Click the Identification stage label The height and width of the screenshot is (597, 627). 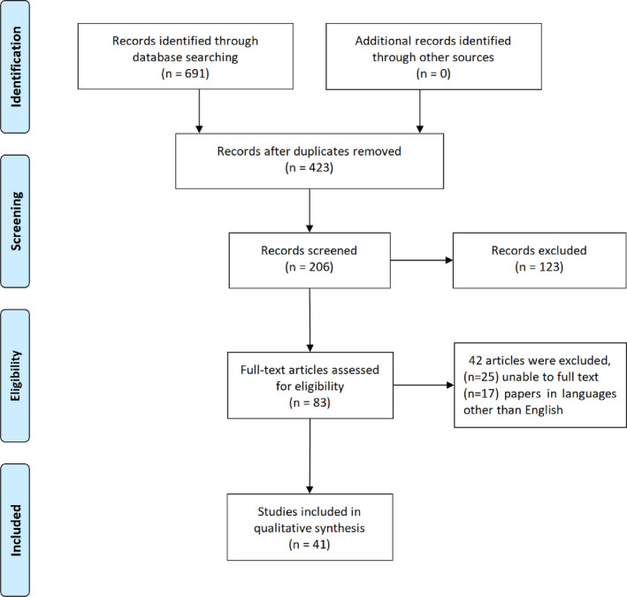click(16, 67)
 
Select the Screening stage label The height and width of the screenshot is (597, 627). click(16, 221)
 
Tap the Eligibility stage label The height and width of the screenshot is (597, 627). click(16, 376)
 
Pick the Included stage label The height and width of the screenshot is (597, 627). click(16, 530)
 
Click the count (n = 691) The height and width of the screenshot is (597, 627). click(185, 73)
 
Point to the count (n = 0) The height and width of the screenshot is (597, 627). click(433, 73)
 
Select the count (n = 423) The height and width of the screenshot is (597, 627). click(310, 167)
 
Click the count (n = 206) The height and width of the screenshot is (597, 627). click(310, 267)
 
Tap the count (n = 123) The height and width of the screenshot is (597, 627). click(539, 267)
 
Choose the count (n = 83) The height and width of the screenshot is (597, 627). click(310, 402)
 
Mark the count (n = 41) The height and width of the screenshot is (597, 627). click(310, 544)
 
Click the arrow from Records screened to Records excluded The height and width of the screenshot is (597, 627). click(422, 260)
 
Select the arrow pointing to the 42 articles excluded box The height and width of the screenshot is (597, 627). click(424, 385)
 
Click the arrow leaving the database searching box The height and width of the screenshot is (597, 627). click(199, 111)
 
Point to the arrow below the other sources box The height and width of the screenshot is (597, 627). click(420, 111)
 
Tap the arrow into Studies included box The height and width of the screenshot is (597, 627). click(310, 456)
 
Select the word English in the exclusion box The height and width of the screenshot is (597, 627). click(544, 410)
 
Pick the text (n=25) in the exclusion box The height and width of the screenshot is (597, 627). click(481, 377)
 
